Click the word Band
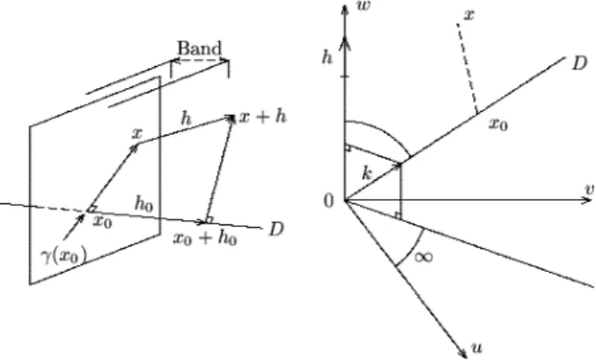[199, 48]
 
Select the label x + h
[262, 116]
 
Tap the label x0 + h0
[205, 238]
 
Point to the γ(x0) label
[64, 255]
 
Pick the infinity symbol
[423, 257]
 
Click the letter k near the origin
[366, 173]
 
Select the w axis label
[364, 5]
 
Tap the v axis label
[590, 189]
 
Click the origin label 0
[329, 201]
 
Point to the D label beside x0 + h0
[276, 229]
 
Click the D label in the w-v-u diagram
[579, 63]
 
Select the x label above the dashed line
[470, 15]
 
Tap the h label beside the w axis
[327, 57]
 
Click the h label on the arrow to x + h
[186, 119]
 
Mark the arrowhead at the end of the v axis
[587, 200]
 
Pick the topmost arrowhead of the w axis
[345, 9]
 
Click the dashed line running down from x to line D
[467, 69]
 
